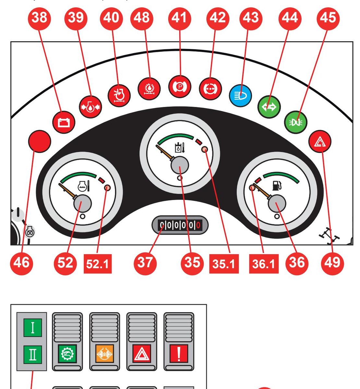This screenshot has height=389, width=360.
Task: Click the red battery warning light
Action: click(x=64, y=122)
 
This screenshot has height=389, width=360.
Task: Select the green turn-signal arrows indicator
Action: click(x=269, y=107)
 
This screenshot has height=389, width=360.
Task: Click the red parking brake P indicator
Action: click(x=180, y=87)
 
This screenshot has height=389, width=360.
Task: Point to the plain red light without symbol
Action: click(x=40, y=141)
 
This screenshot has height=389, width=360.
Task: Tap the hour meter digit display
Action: click(x=180, y=225)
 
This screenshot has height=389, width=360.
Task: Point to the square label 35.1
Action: click(x=224, y=264)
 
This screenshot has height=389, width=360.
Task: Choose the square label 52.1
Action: click(x=97, y=264)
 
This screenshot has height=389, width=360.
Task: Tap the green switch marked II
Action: click(x=32, y=354)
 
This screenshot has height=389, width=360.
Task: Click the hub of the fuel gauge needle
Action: click(x=277, y=204)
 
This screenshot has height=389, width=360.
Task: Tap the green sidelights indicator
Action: click(x=295, y=122)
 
